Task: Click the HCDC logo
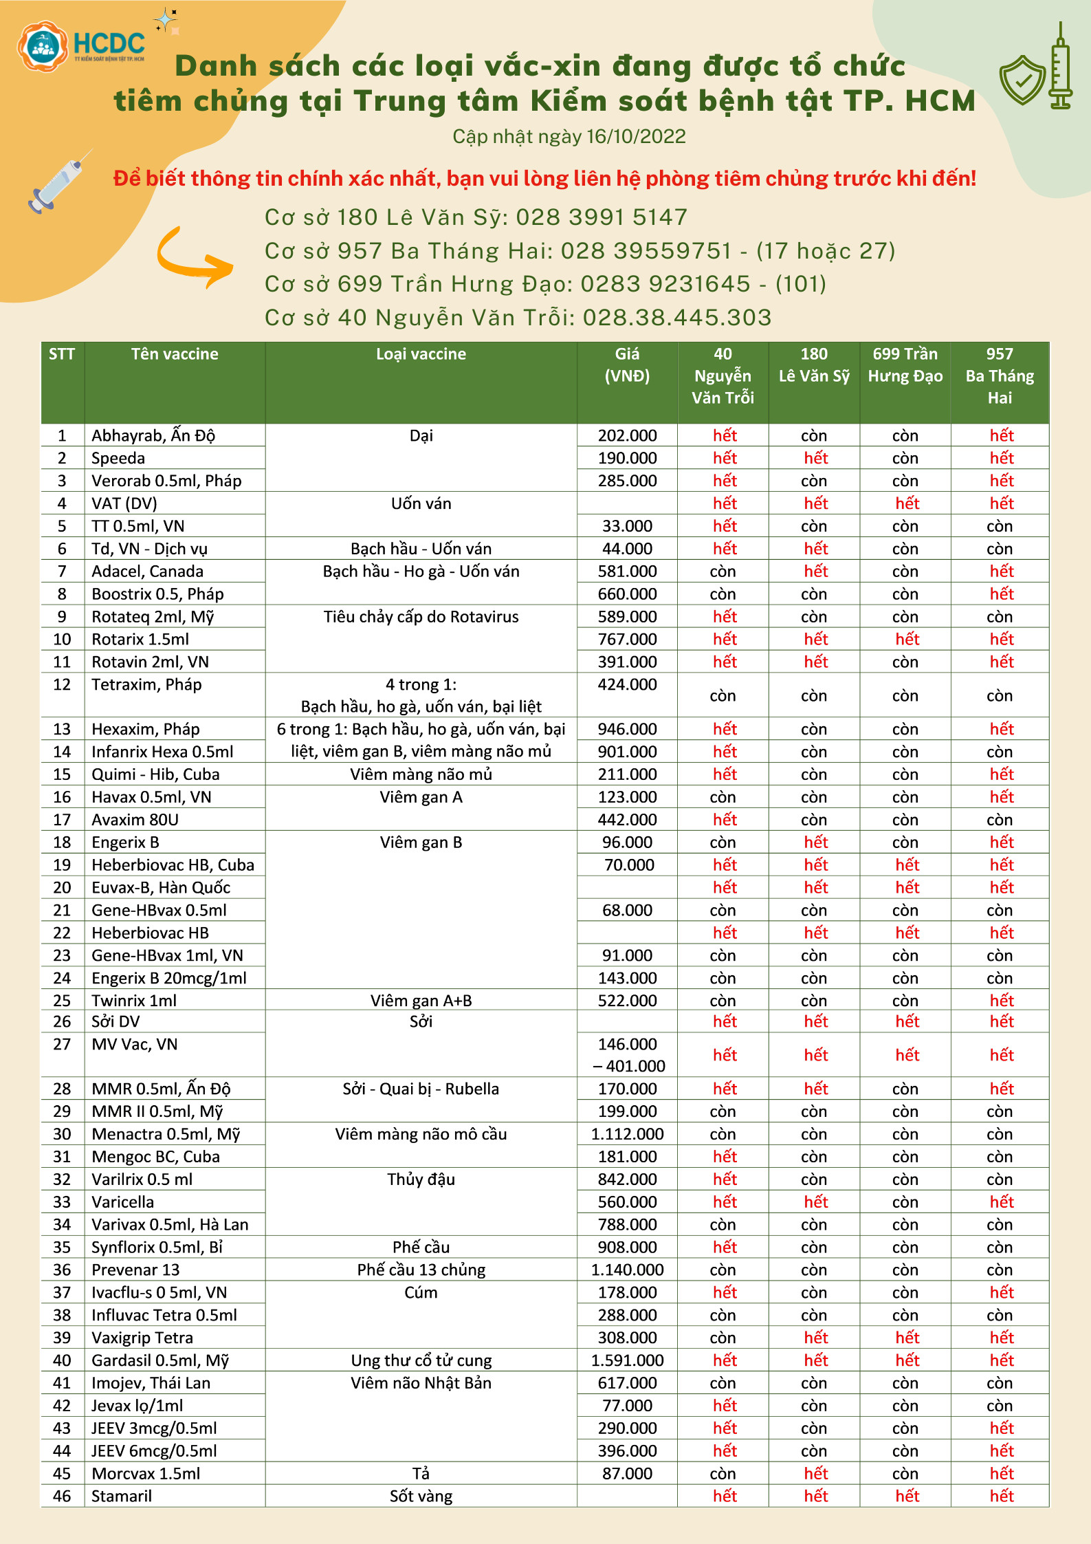coord(81,45)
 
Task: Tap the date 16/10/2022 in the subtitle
coord(636,137)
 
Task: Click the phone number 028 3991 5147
coord(602,217)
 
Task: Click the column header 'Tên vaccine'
coord(175,354)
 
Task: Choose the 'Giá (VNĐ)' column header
coord(627,365)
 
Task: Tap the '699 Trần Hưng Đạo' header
coord(905,365)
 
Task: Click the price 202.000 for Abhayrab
coord(627,435)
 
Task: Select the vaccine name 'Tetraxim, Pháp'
coord(146,684)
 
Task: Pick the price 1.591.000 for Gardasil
coord(627,1360)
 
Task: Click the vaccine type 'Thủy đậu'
coord(421,1179)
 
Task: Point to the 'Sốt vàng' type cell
coord(421,1496)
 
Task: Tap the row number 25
coord(62,1001)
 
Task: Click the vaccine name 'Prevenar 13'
coord(135,1270)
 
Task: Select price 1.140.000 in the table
coord(627,1270)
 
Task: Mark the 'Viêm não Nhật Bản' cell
coord(421,1383)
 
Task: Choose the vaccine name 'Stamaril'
coord(122,1496)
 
